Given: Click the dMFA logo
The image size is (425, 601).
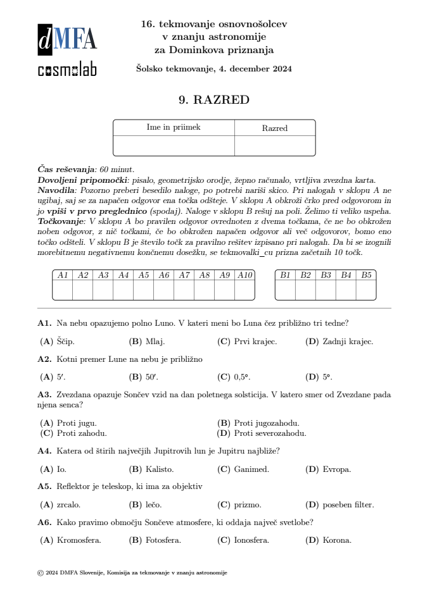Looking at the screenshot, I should [x=67, y=39].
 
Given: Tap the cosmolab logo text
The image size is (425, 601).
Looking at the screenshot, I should [x=67, y=70].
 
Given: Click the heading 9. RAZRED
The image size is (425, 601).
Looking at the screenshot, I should [x=214, y=100].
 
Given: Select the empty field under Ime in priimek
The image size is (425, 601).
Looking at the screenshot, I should [x=174, y=146].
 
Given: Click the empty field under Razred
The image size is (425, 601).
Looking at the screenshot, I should [x=274, y=146].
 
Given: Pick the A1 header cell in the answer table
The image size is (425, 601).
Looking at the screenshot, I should [x=63, y=275].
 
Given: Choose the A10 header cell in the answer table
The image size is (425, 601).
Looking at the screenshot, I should [x=245, y=275].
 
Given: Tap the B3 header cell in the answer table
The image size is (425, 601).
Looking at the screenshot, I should [x=326, y=275].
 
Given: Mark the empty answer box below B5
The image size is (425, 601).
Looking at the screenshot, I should [x=366, y=290].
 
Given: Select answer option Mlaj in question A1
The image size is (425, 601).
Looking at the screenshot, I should [x=155, y=342].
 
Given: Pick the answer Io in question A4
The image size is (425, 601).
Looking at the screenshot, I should [x=61, y=469].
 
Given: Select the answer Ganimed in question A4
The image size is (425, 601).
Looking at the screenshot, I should [x=251, y=469].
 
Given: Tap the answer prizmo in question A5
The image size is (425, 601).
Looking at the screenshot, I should [x=248, y=505].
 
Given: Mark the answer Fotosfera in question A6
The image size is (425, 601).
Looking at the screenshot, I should [x=163, y=540].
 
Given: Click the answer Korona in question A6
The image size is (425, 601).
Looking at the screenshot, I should [x=336, y=540].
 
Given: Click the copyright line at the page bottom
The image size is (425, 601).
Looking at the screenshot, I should [x=132, y=573].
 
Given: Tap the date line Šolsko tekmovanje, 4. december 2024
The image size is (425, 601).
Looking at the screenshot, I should [x=214, y=69].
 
